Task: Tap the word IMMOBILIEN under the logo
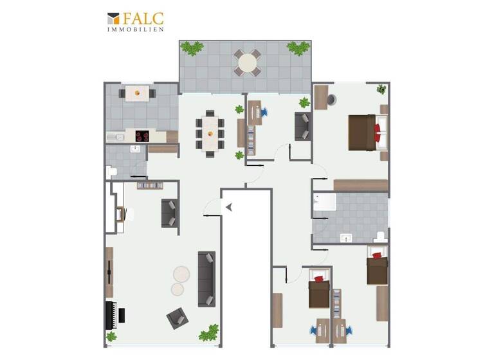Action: tap(135, 29)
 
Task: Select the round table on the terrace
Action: tap(247, 62)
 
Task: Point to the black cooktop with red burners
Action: tap(142, 136)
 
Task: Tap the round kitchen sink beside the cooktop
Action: tap(118, 136)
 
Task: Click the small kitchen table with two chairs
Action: tap(136, 93)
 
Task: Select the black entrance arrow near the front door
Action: tap(228, 206)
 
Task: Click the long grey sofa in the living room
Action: tap(206, 278)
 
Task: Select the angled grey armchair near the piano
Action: tap(177, 317)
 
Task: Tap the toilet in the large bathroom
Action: tap(380, 236)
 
